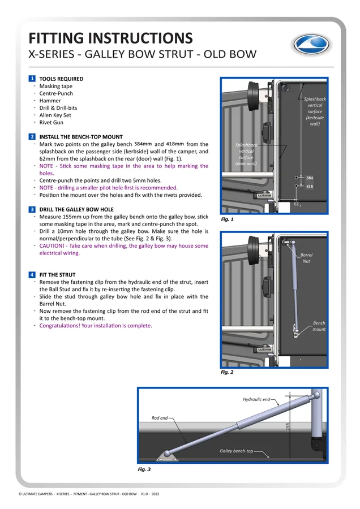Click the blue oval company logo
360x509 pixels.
coord(311,44)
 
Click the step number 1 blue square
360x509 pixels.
coord(32,79)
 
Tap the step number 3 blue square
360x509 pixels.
coord(32,209)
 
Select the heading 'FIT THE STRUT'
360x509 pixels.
coord(57,275)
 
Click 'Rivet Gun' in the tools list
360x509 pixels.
coord(52,122)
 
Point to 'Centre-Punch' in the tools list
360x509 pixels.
coord(56,93)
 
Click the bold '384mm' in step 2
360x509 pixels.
coord(143,144)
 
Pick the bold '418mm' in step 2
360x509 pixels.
coord(175,144)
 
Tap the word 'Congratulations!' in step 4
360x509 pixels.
coord(60,326)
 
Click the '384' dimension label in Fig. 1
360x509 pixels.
coord(310,178)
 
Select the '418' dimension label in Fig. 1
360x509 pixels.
coord(310,186)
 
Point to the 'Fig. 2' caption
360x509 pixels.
coord(227,372)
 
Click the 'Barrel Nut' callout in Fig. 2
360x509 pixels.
coord(306,258)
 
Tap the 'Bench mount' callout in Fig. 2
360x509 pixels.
coord(319,326)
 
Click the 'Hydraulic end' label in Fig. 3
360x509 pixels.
coord(256,399)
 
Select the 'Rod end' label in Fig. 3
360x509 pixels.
coord(160,418)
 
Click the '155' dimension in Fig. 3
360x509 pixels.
coord(288,426)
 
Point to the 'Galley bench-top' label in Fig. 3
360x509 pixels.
coord(236,451)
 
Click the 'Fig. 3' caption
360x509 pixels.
coord(144,469)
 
